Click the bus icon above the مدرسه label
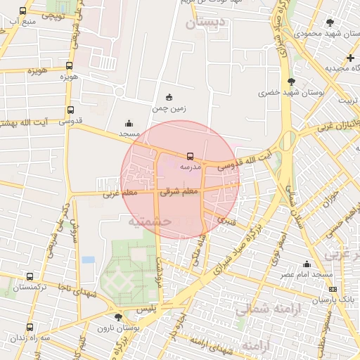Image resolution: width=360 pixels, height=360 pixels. (x=190, y=156)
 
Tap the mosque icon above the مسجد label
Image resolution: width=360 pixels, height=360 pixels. (x=128, y=123)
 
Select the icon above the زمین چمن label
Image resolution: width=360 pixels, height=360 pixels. (x=169, y=97)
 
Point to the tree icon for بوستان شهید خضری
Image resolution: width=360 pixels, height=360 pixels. (x=291, y=82)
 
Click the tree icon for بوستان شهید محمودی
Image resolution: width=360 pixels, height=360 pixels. (x=330, y=23)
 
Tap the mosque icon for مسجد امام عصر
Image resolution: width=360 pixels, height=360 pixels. (x=306, y=264)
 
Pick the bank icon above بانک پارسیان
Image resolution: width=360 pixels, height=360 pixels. (x=333, y=289)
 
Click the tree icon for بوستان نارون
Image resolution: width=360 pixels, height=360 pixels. (x=119, y=317)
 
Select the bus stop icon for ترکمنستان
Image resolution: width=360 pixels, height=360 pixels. (x=30, y=277)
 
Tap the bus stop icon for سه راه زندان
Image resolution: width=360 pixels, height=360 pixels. (x=30, y=327)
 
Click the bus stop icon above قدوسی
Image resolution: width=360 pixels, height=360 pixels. (x=70, y=110)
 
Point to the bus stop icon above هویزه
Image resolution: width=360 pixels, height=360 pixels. (x=68, y=65)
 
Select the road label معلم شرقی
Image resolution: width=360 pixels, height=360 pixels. (x=180, y=191)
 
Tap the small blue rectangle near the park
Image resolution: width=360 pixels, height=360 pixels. (x=88, y=259)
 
